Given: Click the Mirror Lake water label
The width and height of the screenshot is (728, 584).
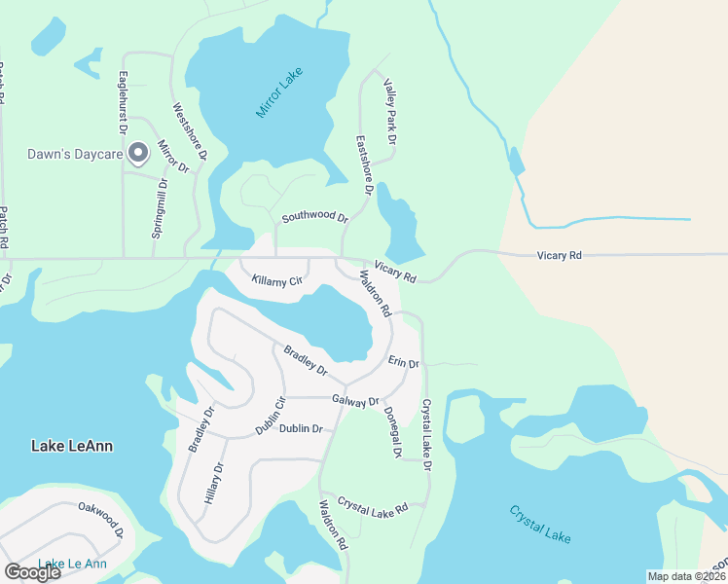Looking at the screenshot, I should pyautogui.click(x=280, y=92).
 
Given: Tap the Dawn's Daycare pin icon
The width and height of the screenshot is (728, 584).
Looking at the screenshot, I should pyautogui.click(x=138, y=153).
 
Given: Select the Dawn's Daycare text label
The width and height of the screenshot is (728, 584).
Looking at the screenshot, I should pyautogui.click(x=72, y=153).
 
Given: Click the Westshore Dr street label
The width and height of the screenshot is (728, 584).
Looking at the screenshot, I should pyautogui.click(x=190, y=131).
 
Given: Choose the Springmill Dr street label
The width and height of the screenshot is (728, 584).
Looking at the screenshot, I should pyautogui.click(x=160, y=208).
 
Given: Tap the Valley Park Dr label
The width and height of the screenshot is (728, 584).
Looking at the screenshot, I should pyautogui.click(x=390, y=112).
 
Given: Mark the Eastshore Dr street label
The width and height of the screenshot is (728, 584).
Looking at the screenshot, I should pyautogui.click(x=363, y=164).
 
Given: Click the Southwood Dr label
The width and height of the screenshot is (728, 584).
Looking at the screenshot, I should pyautogui.click(x=314, y=216).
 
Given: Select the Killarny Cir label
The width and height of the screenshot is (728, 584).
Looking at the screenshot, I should pyautogui.click(x=277, y=280).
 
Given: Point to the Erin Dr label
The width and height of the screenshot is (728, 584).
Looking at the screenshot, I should pyautogui.click(x=403, y=362).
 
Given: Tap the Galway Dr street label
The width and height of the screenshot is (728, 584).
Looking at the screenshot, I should pyautogui.click(x=355, y=400).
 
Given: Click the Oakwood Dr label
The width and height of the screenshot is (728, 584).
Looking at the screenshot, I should pyautogui.click(x=101, y=520).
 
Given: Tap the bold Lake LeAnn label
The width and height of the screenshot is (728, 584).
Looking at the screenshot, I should pyautogui.click(x=72, y=446).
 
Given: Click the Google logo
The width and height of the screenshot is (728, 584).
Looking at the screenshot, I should pyautogui.click(x=32, y=571).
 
